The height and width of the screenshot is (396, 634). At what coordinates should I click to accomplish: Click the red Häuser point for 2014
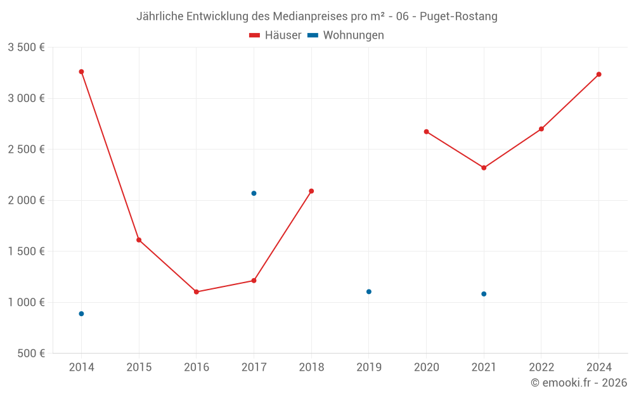pyautogui.click(x=81, y=72)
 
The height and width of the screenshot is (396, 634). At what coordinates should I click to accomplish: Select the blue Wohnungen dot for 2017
pyautogui.click(x=254, y=193)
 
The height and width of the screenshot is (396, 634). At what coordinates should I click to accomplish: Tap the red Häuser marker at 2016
pyautogui.click(x=197, y=292)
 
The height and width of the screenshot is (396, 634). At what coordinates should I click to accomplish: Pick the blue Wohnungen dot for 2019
pyautogui.click(x=369, y=291)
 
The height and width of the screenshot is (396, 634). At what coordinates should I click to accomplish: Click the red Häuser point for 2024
pyautogui.click(x=598, y=74)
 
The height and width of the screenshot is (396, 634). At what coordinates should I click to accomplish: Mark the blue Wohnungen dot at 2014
pyautogui.click(x=81, y=314)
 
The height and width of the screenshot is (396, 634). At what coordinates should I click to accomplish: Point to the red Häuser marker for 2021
pyautogui.click(x=484, y=168)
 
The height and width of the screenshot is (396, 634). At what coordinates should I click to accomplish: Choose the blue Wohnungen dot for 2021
pyautogui.click(x=484, y=294)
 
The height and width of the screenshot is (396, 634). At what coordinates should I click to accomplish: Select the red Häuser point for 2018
pyautogui.click(x=311, y=191)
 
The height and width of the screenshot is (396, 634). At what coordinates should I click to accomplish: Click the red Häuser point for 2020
pyautogui.click(x=426, y=132)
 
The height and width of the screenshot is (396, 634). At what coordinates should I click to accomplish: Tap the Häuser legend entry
pyautogui.click(x=275, y=35)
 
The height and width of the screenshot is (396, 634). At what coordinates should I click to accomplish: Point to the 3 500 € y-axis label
pyautogui.click(x=26, y=48)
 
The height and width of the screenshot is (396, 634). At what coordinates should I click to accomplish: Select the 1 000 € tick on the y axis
pyautogui.click(x=26, y=302)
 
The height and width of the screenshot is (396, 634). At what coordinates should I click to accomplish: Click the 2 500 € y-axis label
pyautogui.click(x=26, y=150)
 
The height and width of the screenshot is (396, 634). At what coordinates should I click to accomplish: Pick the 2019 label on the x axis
pyautogui.click(x=369, y=367)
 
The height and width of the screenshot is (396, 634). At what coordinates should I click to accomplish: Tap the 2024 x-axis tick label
pyautogui.click(x=598, y=367)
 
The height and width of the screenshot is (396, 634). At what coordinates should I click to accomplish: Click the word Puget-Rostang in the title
pyautogui.click(x=458, y=16)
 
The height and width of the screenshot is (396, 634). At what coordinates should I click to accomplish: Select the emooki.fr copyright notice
pyautogui.click(x=578, y=383)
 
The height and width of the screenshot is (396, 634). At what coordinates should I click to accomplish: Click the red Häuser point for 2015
pyautogui.click(x=139, y=240)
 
